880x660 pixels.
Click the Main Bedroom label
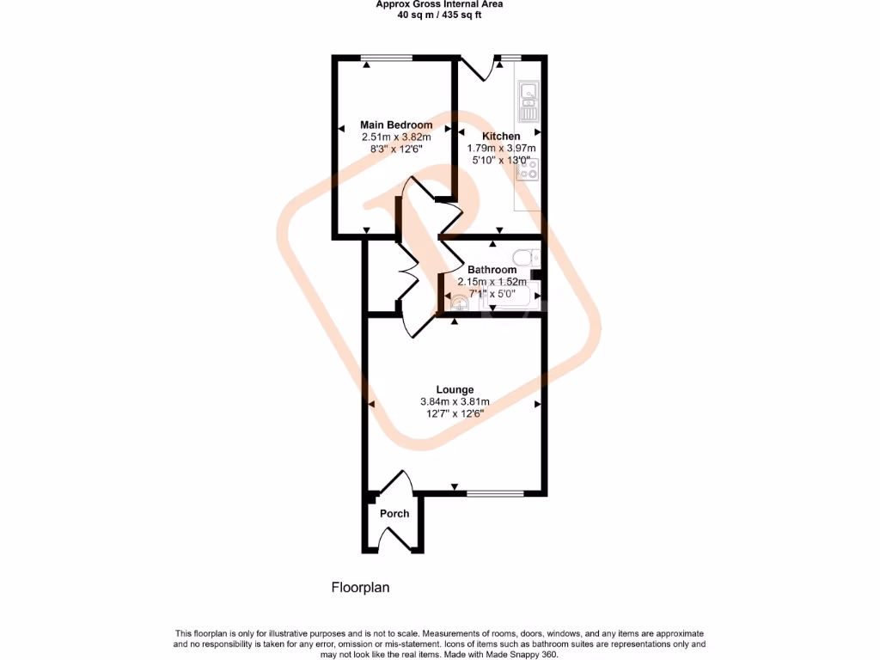(395, 125)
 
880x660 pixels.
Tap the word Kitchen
(501, 137)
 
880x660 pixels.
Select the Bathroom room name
(492, 270)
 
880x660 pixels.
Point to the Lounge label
(455, 389)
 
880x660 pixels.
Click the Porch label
(394, 514)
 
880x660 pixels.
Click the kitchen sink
(527, 99)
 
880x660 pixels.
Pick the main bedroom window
(387, 58)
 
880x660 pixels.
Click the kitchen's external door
(478, 69)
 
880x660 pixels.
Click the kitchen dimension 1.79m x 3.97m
(501, 148)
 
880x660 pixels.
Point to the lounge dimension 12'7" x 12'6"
(455, 413)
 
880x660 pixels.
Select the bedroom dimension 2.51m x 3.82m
(395, 137)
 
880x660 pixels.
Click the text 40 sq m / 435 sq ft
(439, 15)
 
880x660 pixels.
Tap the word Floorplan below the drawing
(361, 588)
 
